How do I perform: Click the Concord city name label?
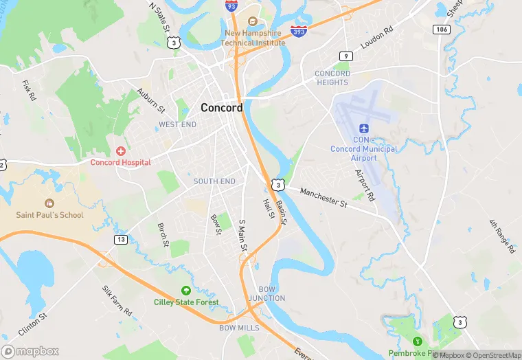tap(221, 108)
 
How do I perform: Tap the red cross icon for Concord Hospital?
tap(121, 150)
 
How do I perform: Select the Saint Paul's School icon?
tap(49, 203)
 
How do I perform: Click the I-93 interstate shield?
tap(231, 5)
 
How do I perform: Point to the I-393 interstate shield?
tap(298, 32)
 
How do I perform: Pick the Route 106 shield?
tap(441, 29)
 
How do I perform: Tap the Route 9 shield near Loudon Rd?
tap(346, 56)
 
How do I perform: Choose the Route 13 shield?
tap(121, 239)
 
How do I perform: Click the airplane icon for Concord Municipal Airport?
tap(363, 129)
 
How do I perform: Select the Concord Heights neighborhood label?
tap(332, 78)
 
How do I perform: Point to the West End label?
tap(177, 124)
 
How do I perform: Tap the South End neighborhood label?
tap(214, 181)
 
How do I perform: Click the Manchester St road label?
tap(324, 199)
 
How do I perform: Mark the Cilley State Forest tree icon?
tap(185, 291)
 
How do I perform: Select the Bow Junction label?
tap(271, 293)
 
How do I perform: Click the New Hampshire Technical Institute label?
tap(253, 38)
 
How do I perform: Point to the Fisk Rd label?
tap(28, 91)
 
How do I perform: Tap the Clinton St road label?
tap(32, 324)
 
